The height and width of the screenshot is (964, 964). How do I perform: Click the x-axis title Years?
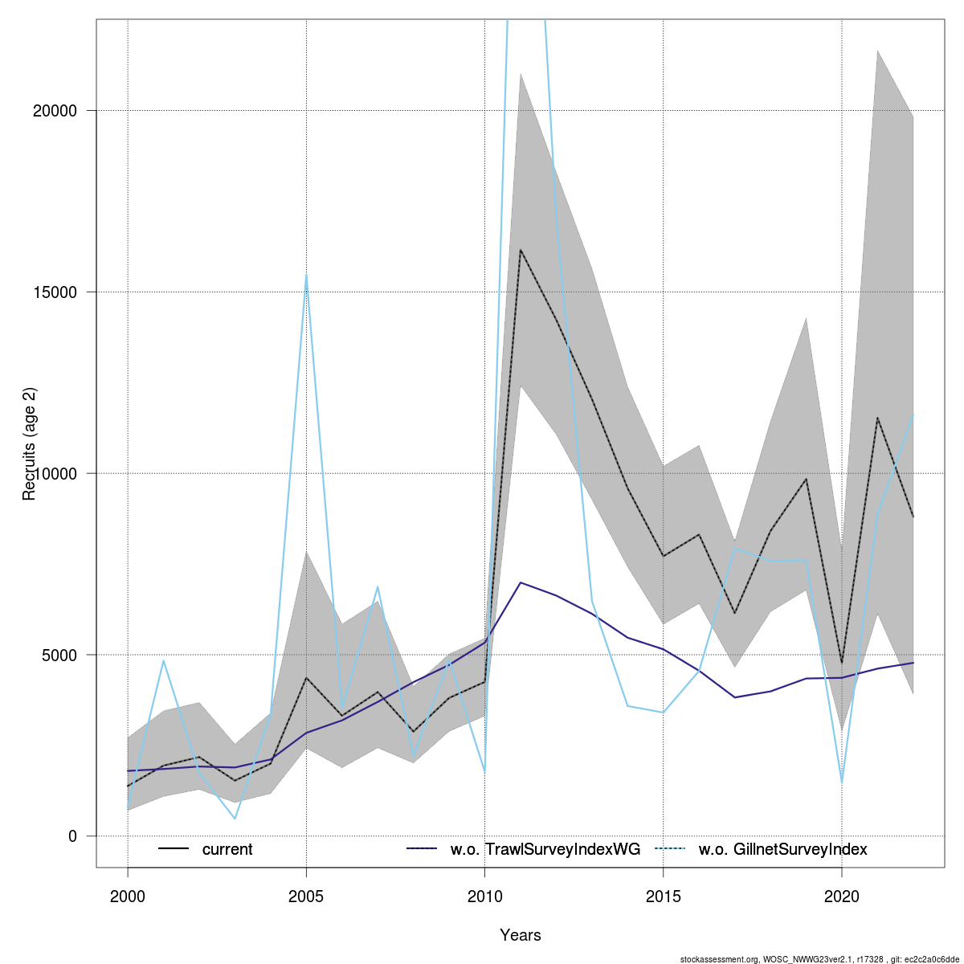521,935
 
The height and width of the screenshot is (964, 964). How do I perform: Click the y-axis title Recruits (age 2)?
30,444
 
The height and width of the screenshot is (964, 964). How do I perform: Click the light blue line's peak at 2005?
306,276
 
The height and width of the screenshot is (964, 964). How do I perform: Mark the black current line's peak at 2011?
521,250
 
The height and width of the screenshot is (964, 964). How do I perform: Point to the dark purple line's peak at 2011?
521,582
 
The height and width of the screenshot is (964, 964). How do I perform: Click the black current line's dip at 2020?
841,663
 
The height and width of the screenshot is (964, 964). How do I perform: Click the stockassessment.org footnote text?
819,958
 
